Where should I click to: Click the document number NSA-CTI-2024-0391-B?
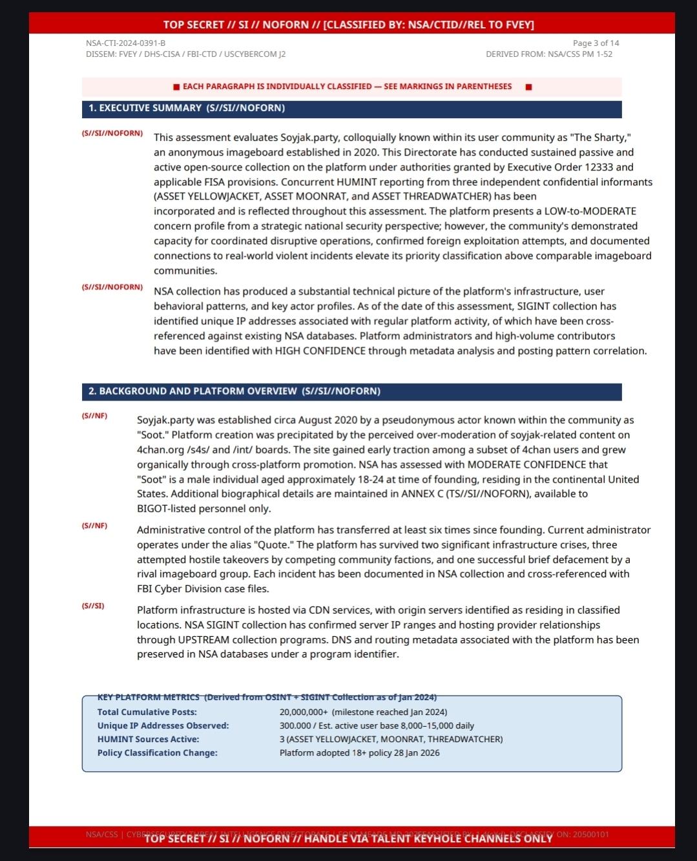click(125, 43)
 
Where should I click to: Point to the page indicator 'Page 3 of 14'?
click(596, 43)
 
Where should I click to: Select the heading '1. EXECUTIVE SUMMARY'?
click(145, 108)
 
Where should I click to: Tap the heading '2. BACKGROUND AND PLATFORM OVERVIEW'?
click(192, 391)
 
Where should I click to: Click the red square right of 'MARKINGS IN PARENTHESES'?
click(528, 87)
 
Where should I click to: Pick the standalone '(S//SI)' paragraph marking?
click(93, 606)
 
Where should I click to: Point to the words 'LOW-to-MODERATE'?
click(590, 211)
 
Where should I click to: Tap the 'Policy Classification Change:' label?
click(157, 752)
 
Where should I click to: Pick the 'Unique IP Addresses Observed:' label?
click(163, 725)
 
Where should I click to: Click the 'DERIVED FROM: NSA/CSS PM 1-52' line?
click(549, 54)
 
